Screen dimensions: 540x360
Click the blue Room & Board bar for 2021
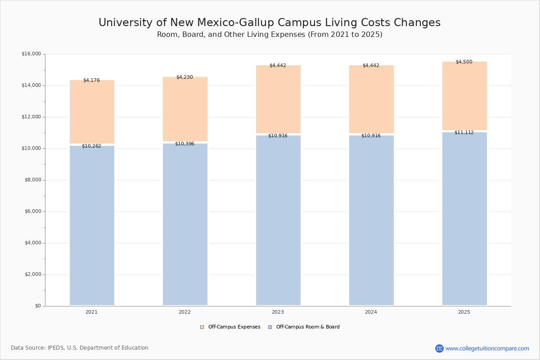(92, 225)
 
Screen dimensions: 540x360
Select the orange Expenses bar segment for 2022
(185, 109)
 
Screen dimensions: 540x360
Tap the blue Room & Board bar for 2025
(464, 219)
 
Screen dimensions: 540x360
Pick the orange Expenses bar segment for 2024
(372, 99)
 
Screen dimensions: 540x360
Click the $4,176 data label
(92, 80)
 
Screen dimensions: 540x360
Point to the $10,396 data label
(184, 144)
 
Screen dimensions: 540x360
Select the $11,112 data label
(464, 132)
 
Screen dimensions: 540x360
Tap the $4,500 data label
(464, 62)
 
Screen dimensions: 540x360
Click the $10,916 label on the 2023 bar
(278, 135)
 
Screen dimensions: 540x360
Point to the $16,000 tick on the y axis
(31, 54)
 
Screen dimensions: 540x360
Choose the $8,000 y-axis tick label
(33, 180)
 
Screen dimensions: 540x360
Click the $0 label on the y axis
(38, 306)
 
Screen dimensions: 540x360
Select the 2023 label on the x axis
(278, 312)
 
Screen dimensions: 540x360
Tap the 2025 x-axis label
(464, 312)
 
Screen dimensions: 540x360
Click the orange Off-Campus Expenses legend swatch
(202, 327)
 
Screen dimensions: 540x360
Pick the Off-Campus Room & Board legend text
(308, 327)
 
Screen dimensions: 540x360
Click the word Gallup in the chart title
(256, 22)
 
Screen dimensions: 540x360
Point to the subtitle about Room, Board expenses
(270, 35)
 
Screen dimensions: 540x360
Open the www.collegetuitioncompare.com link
(487, 348)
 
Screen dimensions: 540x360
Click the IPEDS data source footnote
(80, 348)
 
